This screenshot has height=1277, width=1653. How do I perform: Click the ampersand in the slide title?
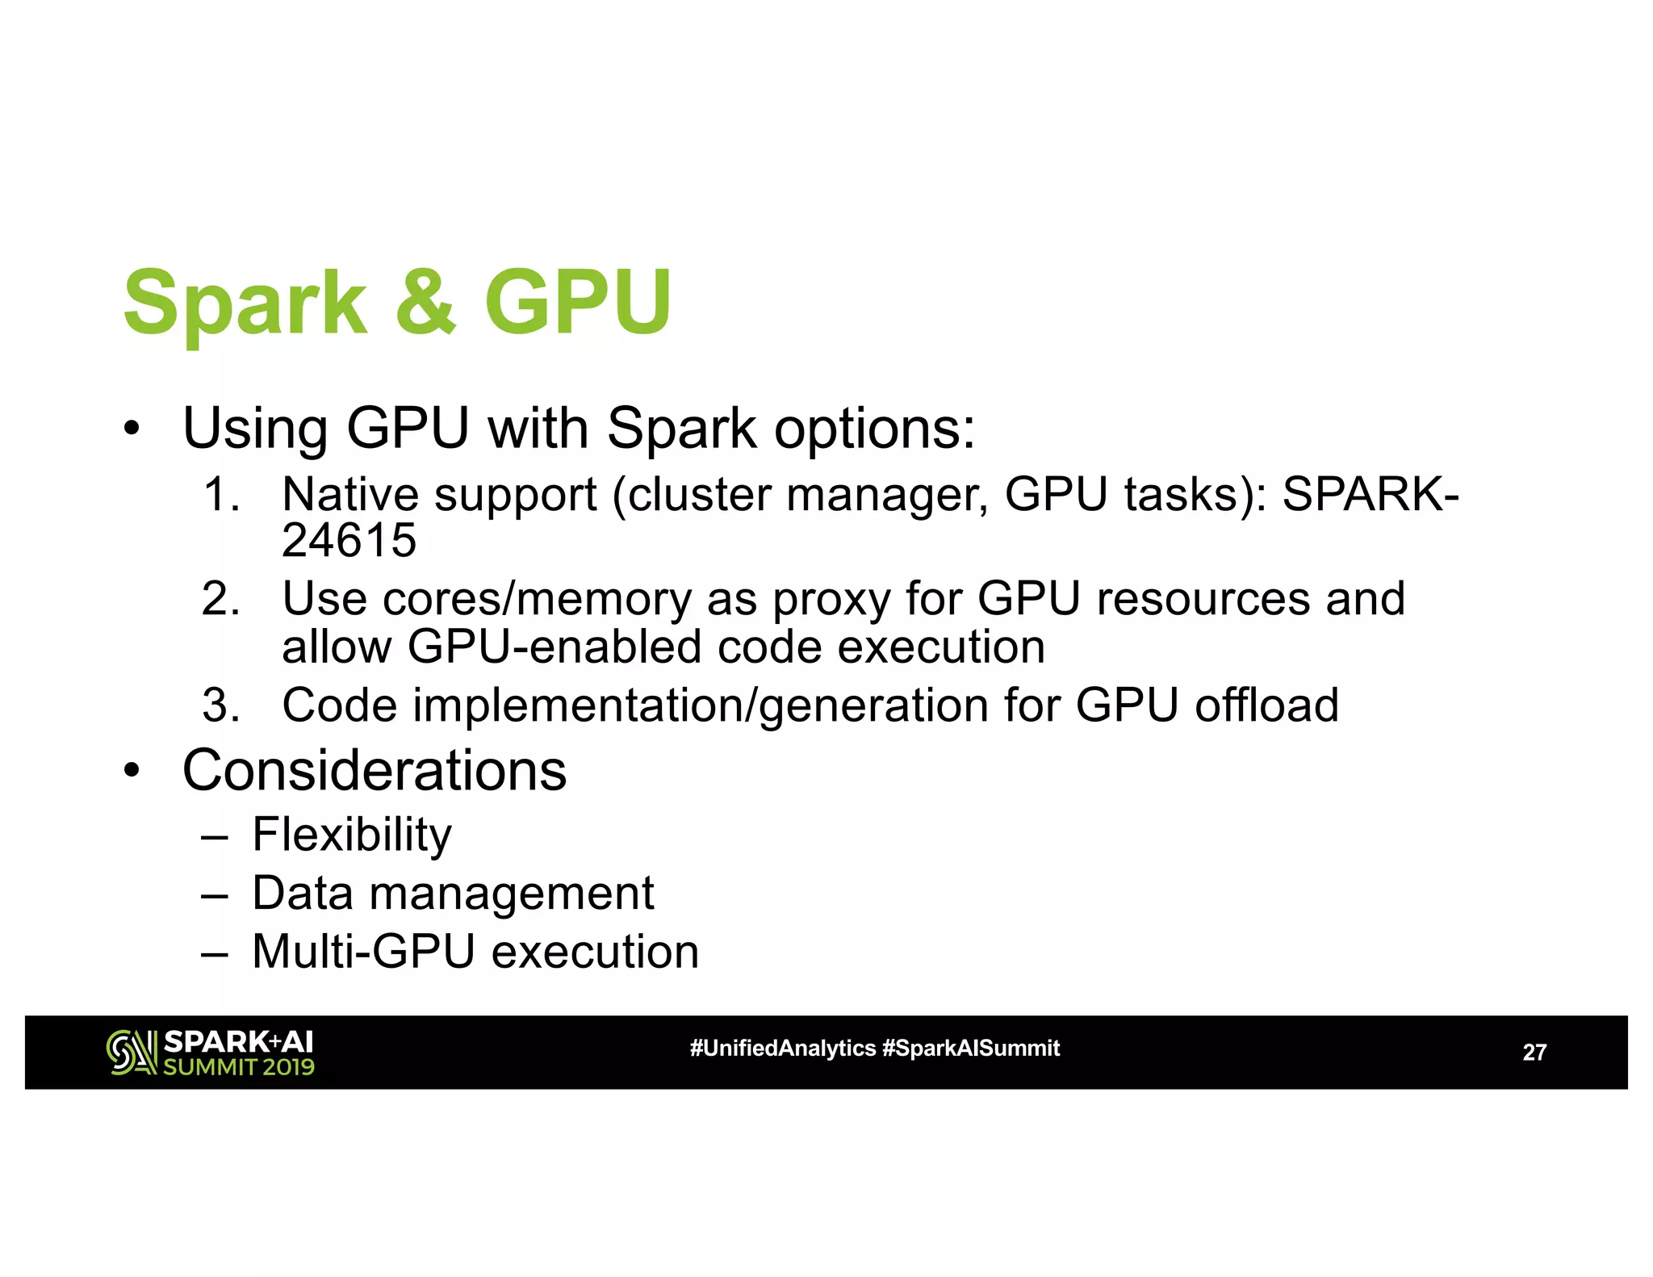[x=426, y=302]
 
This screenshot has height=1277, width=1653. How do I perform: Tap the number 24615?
[x=349, y=540]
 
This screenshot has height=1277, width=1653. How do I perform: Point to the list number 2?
[x=220, y=599]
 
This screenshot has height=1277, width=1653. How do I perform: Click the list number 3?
[x=220, y=705]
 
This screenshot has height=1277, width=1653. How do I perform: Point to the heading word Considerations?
[x=375, y=770]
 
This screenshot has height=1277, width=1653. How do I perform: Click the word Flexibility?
[x=352, y=835]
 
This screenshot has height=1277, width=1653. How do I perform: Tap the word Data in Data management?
[x=303, y=893]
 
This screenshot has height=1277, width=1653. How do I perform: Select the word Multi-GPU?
[x=363, y=951]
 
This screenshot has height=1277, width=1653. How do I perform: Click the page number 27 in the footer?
[x=1534, y=1052]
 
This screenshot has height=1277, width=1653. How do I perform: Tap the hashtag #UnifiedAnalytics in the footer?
[x=782, y=1048]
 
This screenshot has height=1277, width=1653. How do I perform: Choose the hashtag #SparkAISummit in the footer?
[x=971, y=1048]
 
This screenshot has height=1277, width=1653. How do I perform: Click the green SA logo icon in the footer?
[x=132, y=1053]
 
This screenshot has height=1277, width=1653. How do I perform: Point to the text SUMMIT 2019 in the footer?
[x=239, y=1067]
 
